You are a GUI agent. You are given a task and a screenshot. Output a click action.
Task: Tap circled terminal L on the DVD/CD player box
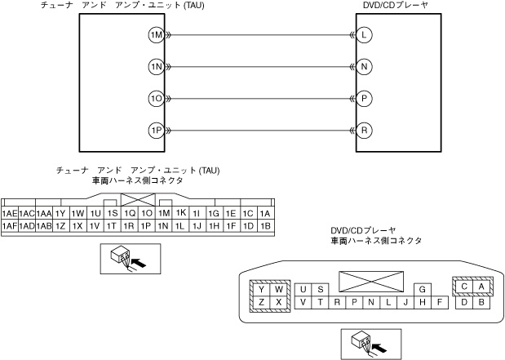click(x=364, y=35)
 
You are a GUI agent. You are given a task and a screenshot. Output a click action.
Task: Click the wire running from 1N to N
click(x=259, y=66)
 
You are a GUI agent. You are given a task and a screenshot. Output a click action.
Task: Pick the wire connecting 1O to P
click(x=259, y=98)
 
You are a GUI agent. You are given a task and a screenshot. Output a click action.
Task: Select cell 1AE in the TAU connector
click(x=10, y=213)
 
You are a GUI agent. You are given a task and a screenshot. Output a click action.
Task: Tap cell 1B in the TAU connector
click(x=265, y=225)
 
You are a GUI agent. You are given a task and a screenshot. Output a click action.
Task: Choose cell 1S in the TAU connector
click(x=113, y=213)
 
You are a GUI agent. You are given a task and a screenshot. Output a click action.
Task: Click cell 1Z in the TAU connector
click(x=61, y=225)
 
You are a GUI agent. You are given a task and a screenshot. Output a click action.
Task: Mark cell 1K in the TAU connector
click(x=181, y=213)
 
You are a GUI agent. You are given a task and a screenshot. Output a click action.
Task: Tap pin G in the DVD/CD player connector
click(x=422, y=289)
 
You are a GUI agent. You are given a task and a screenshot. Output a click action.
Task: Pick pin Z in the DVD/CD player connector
click(x=261, y=303)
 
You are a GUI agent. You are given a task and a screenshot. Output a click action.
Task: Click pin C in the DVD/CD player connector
click(x=463, y=287)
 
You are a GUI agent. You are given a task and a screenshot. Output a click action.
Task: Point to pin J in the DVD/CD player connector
click(x=405, y=303)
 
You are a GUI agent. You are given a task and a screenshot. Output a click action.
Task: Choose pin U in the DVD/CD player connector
click(x=303, y=289)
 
